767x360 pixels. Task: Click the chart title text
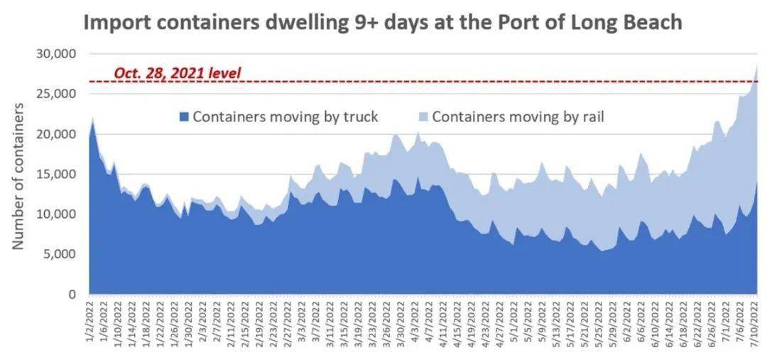pyautogui.click(x=383, y=22)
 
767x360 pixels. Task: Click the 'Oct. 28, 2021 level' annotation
pyautogui.click(x=178, y=72)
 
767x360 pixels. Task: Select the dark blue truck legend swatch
pyautogui.click(x=185, y=117)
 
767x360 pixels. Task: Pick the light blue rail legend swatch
pyautogui.click(x=423, y=117)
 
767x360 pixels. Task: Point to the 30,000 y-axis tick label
pyautogui.click(x=56, y=54)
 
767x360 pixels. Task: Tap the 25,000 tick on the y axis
pyautogui.click(x=56, y=94)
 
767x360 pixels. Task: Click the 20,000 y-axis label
pyautogui.click(x=56, y=134)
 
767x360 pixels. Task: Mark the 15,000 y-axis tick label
pyautogui.click(x=56, y=174)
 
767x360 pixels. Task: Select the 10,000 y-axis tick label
pyautogui.click(x=56, y=214)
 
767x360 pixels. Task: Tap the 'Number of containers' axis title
pyautogui.click(x=18, y=175)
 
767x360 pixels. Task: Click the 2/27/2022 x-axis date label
pyautogui.click(x=290, y=323)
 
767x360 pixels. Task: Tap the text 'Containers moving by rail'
pyautogui.click(x=518, y=117)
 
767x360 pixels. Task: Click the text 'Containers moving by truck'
pyautogui.click(x=285, y=117)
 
